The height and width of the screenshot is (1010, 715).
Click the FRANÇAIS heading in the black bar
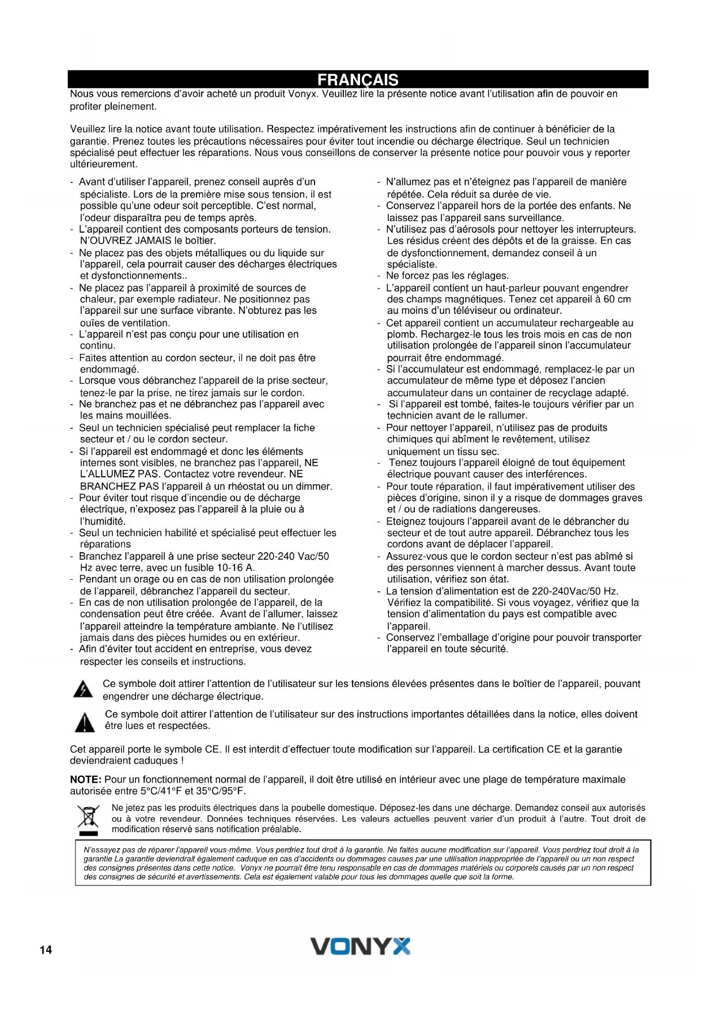tap(358, 79)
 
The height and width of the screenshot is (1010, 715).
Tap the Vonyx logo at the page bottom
tap(361, 946)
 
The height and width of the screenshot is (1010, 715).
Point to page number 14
tap(46, 950)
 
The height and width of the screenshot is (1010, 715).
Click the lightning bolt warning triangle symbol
tap(84, 689)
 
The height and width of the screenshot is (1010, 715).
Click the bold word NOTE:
tap(86, 780)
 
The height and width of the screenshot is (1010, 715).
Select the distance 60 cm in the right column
tap(617, 299)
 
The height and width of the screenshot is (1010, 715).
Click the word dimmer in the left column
tap(314, 487)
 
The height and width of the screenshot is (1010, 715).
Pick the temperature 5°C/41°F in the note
tap(154, 791)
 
